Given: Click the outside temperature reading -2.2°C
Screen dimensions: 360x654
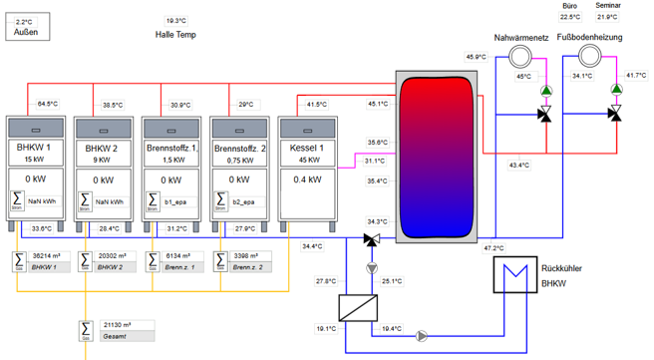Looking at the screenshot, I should [x=25, y=20].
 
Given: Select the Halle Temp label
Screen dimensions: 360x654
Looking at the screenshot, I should [x=175, y=35].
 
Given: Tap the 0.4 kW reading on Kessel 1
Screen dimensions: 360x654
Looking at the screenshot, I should [x=308, y=180].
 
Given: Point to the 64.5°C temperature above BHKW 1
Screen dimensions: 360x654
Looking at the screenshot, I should [x=49, y=104].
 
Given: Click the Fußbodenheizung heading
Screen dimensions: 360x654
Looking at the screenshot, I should [x=588, y=37].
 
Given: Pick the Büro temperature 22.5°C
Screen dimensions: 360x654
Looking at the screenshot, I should [x=569, y=17].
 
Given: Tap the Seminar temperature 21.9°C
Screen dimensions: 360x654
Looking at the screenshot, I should [x=607, y=17].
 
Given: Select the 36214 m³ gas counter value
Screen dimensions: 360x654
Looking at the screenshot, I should [x=49, y=255].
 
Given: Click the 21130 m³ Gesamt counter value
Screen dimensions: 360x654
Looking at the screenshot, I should [x=117, y=324].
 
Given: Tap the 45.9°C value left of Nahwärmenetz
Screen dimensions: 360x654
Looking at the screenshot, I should [x=477, y=57].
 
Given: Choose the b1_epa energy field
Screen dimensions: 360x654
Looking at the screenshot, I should [x=174, y=200].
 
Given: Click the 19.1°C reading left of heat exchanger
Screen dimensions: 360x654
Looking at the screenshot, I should [x=327, y=328].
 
